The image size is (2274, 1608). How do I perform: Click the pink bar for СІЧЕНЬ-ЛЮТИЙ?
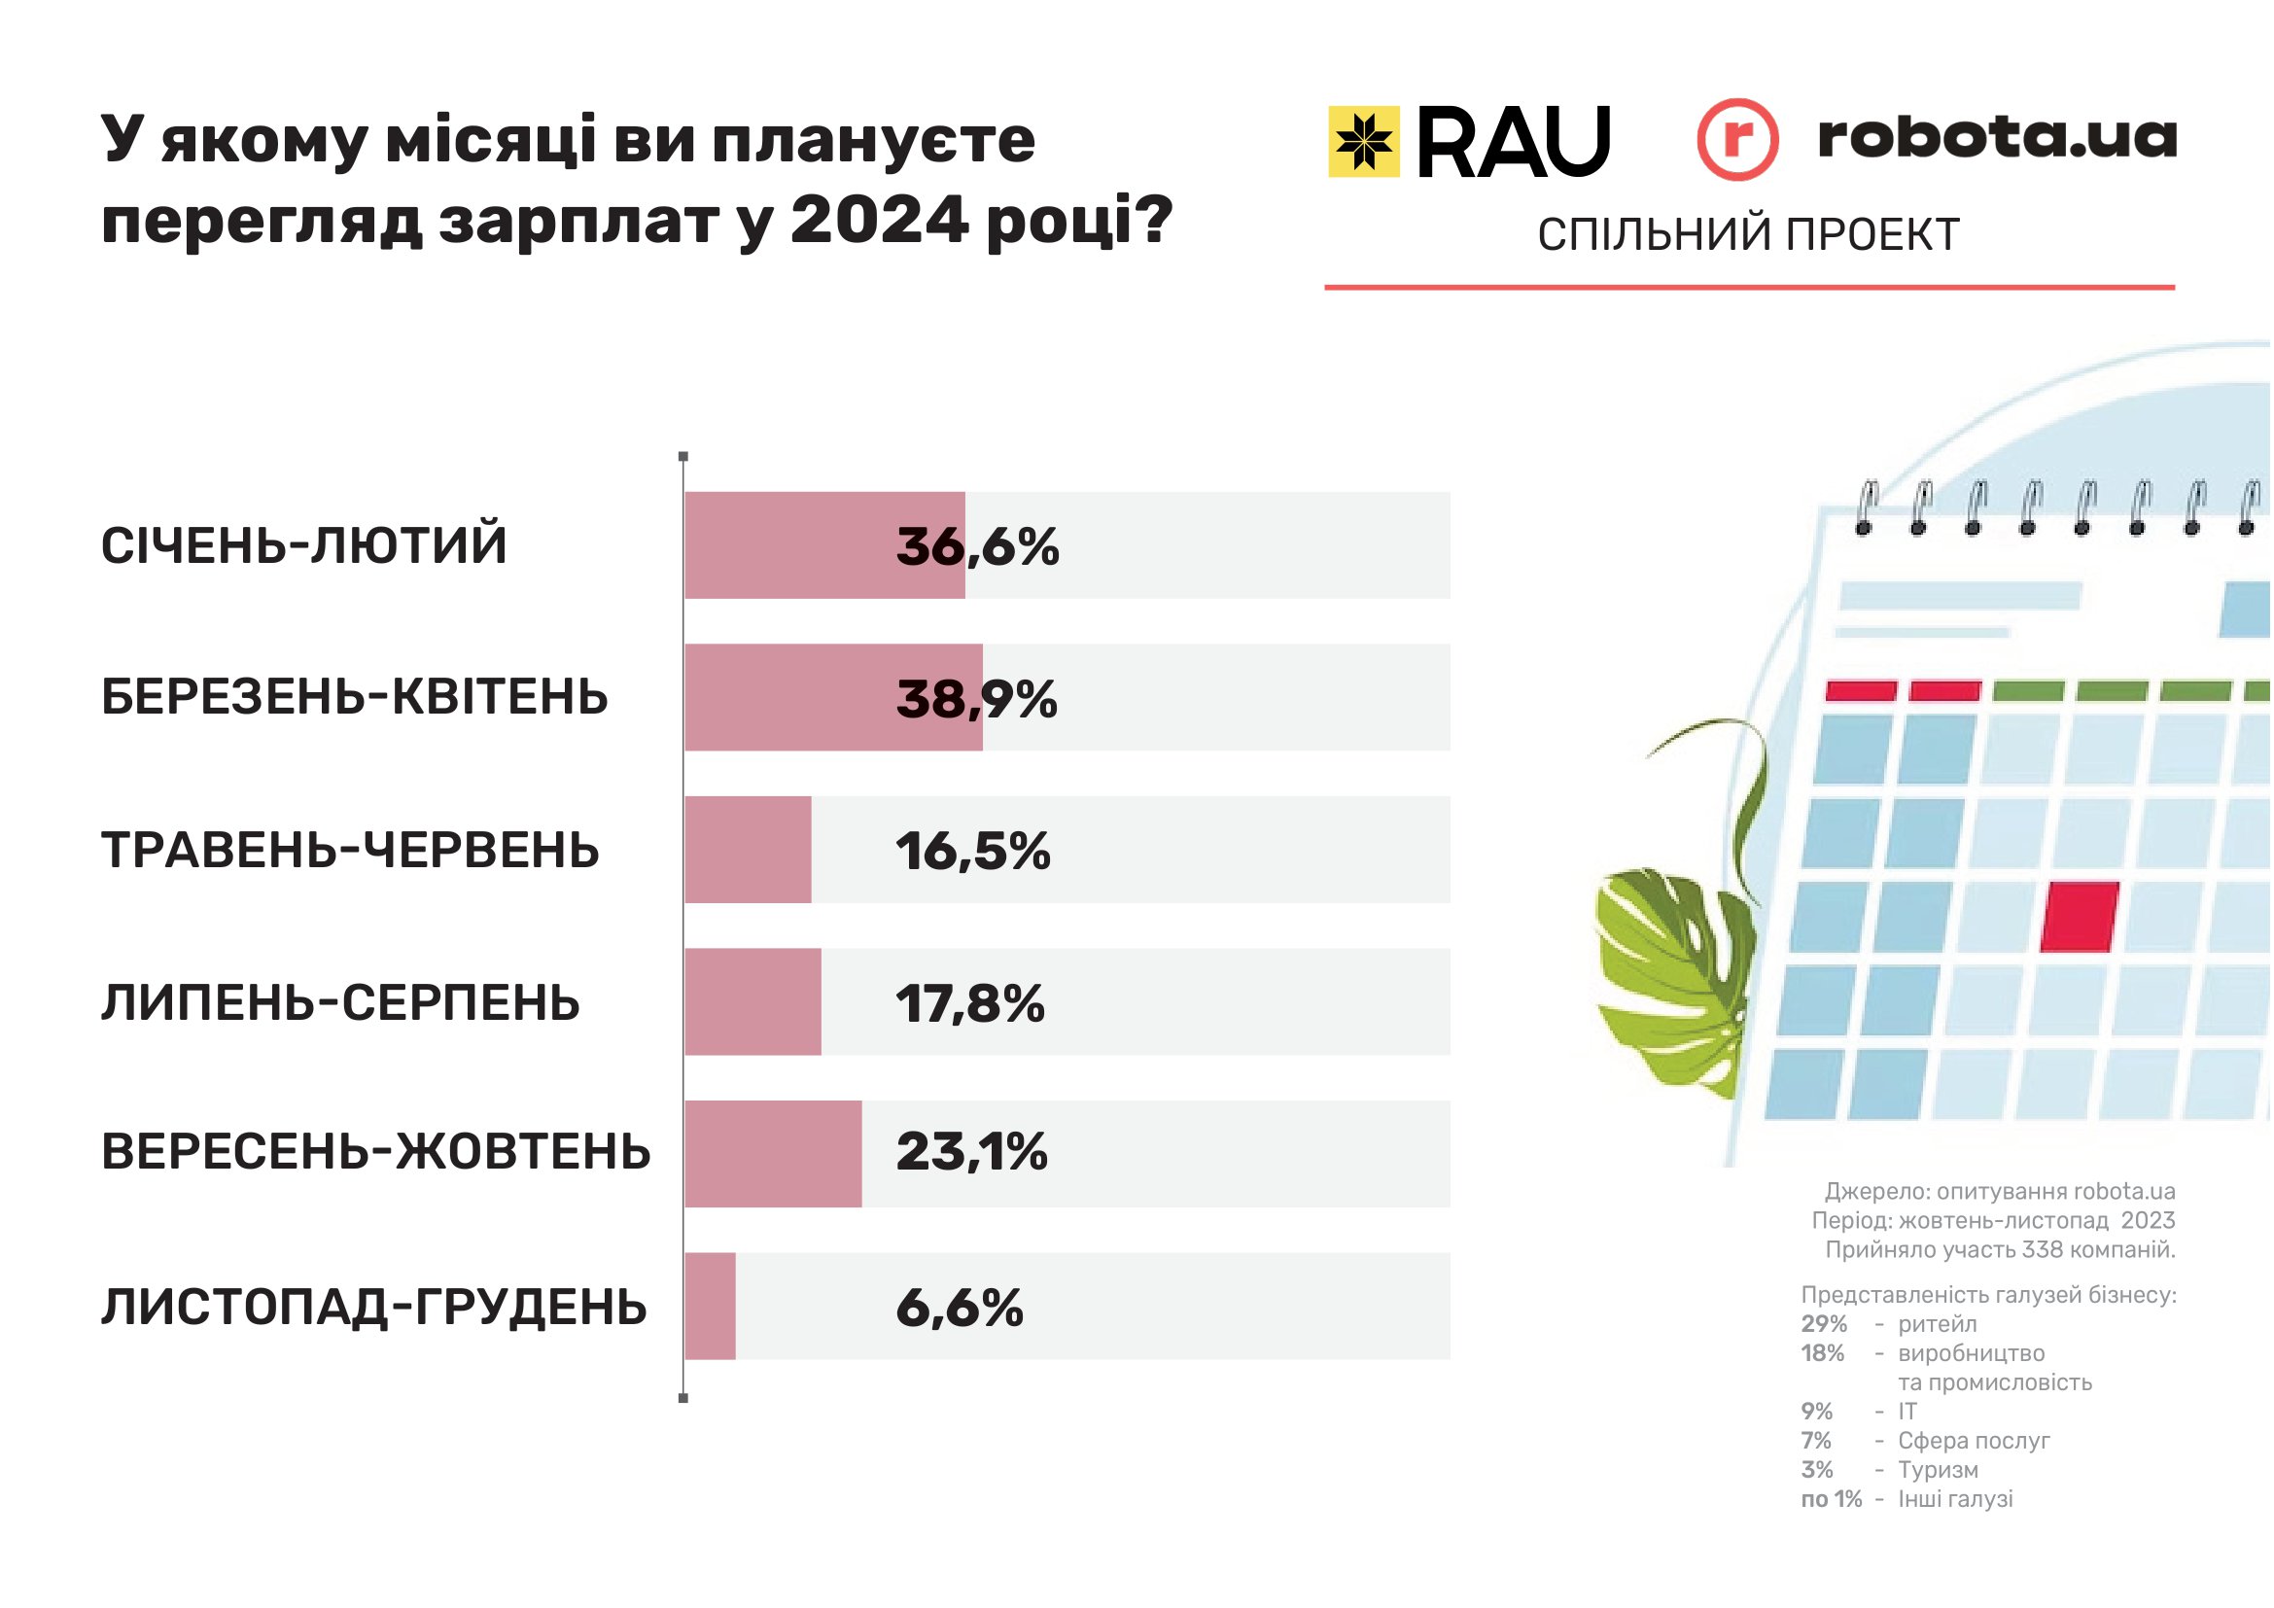(824, 544)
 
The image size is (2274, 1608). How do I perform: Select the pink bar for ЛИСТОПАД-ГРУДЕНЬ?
(709, 1306)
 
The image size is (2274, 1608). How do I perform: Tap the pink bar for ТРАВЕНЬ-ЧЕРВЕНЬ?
(748, 850)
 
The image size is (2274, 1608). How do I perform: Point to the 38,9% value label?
(976, 699)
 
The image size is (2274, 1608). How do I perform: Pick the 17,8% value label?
(969, 1003)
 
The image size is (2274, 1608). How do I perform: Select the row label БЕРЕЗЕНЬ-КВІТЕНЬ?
(354, 697)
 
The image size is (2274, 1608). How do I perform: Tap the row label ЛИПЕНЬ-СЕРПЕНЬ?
(339, 1003)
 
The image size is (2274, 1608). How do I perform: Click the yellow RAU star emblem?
(1363, 142)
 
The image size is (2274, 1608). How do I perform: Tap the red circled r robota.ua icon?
(1736, 140)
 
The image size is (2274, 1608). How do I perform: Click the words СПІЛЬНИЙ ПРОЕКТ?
(1748, 234)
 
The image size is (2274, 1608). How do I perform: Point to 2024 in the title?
(879, 220)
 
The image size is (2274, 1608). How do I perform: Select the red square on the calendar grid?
(2079, 916)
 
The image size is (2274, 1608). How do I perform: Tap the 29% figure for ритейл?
(1823, 1324)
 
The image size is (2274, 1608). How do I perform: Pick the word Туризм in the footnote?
(1938, 1469)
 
